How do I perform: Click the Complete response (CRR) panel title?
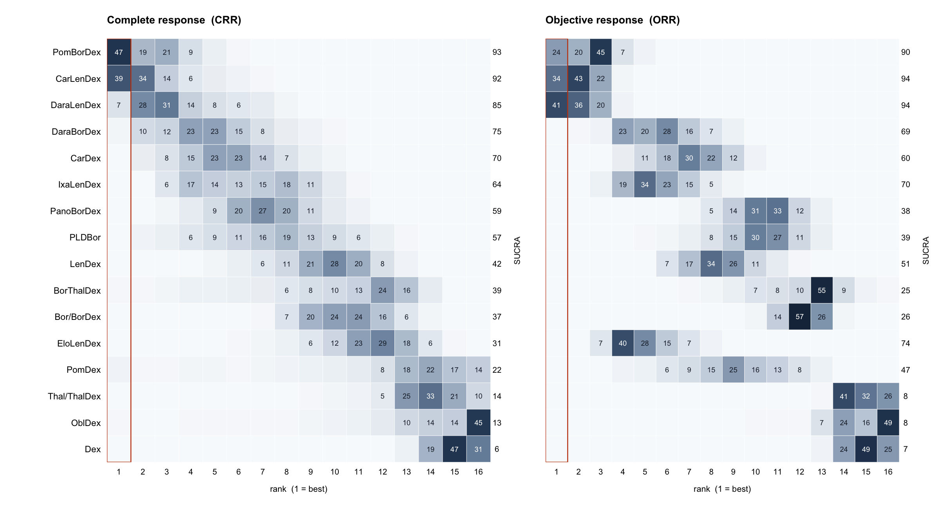(174, 20)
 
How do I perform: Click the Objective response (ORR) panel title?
(613, 20)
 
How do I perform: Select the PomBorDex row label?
(77, 52)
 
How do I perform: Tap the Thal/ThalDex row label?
(74, 396)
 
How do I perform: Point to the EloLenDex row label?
(79, 343)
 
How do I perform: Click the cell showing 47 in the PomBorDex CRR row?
(119, 52)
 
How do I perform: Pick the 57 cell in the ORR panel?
(799, 317)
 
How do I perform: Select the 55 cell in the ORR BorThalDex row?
(822, 291)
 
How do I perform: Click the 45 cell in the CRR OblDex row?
(478, 423)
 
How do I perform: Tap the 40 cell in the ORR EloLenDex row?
(623, 343)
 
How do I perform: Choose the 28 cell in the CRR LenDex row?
(334, 264)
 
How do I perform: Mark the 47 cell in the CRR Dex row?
(454, 449)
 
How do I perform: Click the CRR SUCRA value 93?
(497, 52)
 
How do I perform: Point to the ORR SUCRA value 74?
(906, 343)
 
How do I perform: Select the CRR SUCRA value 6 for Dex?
(497, 449)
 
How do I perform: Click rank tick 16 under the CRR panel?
(478, 472)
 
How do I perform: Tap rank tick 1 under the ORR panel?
(556, 472)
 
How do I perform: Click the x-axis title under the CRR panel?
(298, 489)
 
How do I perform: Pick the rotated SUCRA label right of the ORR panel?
(926, 251)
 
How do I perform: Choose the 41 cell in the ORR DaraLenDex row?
(556, 105)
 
